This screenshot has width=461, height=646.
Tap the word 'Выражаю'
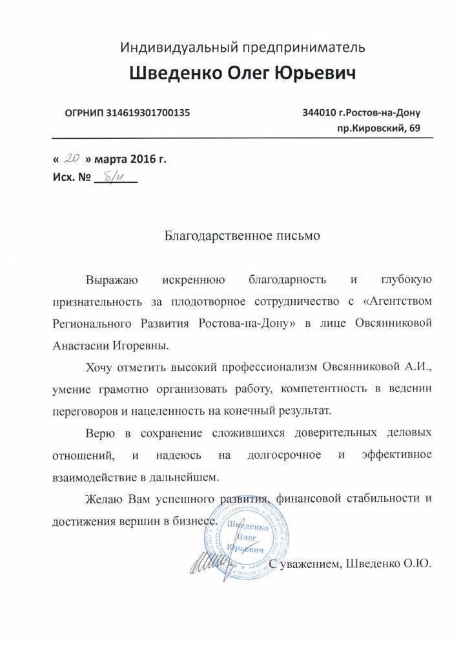click(x=110, y=280)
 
